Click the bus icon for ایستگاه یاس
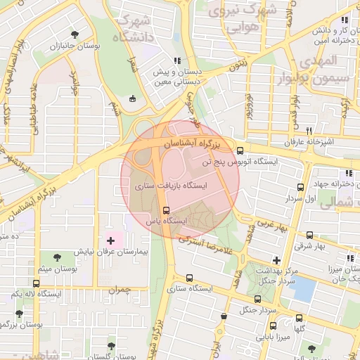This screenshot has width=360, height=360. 166,210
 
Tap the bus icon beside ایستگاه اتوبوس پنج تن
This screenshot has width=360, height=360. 240,150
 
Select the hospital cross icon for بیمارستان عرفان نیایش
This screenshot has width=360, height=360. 110,240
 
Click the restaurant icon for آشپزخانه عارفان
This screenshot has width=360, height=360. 308,131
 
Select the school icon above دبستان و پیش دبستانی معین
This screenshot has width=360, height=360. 177,60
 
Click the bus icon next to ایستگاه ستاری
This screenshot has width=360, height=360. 189,277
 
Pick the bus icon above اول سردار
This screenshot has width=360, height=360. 301,188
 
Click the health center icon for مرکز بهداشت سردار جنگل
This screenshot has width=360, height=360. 276,260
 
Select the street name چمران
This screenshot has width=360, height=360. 120,288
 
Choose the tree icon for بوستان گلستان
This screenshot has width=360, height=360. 110,346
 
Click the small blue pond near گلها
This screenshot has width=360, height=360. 302,288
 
